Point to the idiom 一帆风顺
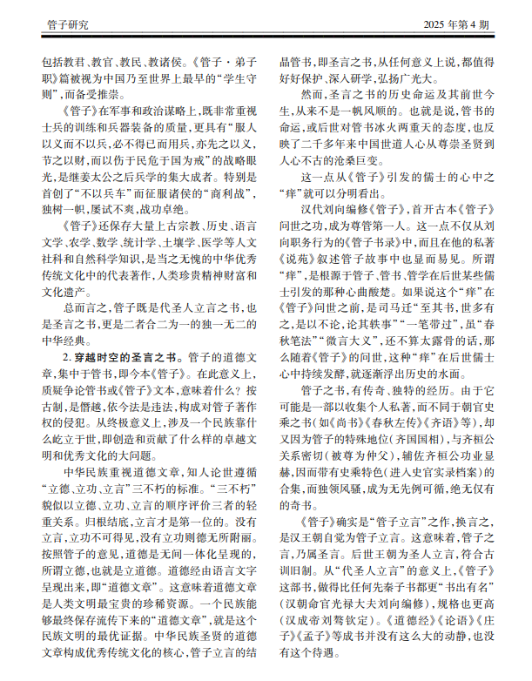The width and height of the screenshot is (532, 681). point(373,111)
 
